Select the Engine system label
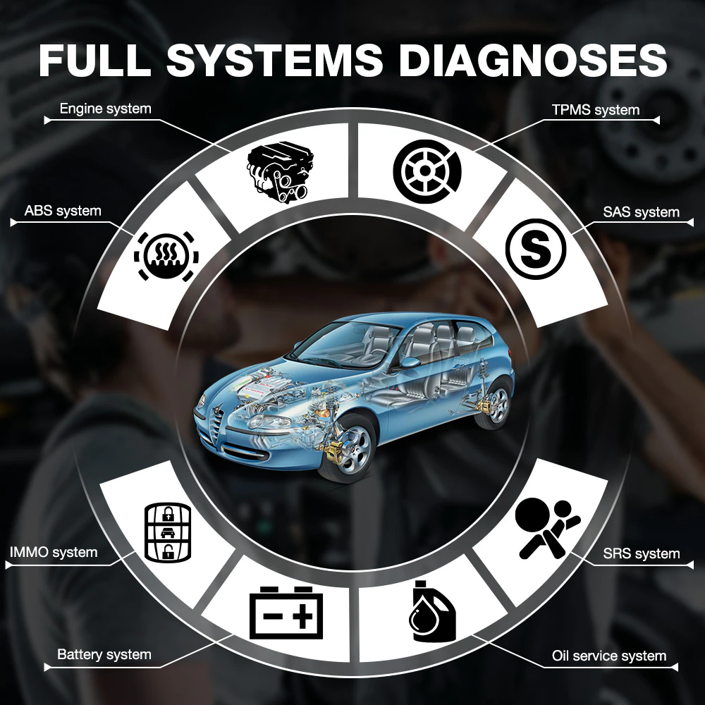105,109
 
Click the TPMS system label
596,109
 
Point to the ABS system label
63,211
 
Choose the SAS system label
641,211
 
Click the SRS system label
642,553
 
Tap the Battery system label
104,654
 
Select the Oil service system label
609,656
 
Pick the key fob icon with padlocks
168,532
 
